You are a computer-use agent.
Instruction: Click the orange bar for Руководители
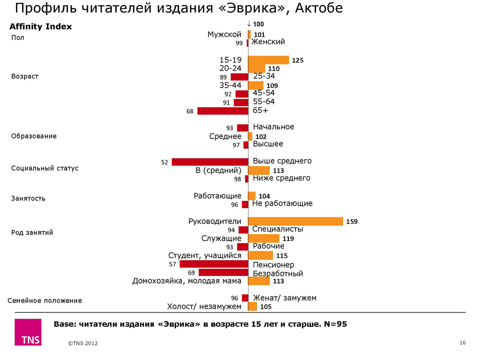295,222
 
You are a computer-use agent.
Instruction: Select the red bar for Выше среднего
210,162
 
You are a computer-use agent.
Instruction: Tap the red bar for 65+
223,111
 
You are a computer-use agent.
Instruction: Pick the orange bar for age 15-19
268,60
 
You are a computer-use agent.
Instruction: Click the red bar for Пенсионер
214,264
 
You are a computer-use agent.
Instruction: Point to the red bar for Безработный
223,273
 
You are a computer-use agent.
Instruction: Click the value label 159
352,222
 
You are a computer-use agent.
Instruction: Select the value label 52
164,162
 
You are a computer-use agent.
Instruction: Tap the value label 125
298,61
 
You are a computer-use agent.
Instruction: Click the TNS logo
28,333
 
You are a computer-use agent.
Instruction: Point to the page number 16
462,343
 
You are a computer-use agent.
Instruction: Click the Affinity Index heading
41,27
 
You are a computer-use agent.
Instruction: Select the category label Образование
34,136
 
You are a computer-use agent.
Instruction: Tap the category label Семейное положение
45,300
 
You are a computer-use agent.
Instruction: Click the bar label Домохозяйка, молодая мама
186,281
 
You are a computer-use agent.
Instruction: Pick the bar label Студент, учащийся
204,255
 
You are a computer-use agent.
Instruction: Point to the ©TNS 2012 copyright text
83,344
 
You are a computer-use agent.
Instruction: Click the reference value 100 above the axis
258,24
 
